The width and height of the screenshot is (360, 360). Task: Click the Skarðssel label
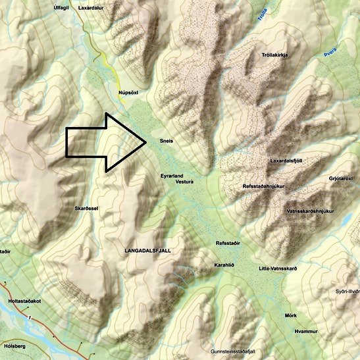pos(87,208)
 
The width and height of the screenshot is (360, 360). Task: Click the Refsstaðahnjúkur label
pos(263,187)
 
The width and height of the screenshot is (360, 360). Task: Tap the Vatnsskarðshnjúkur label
pos(311,211)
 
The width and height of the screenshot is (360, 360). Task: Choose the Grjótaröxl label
pos(344,178)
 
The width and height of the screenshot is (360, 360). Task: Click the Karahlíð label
pos(224,265)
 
